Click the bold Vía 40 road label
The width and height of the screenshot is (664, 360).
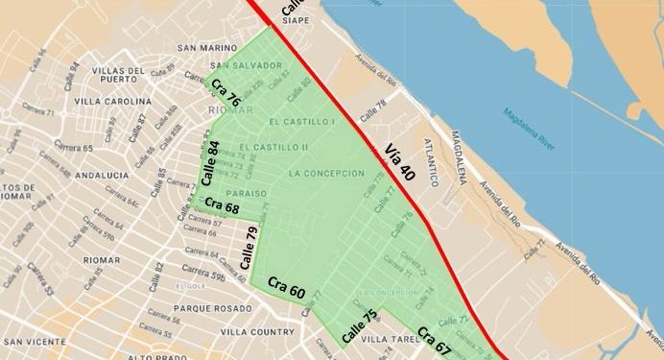point(404,162)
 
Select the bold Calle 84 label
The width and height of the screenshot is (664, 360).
point(211,162)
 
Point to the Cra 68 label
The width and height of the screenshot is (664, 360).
point(222,205)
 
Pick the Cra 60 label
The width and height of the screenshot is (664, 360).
point(286,286)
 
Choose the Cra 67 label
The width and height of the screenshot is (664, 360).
point(435,342)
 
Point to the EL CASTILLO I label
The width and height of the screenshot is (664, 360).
point(302,122)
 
